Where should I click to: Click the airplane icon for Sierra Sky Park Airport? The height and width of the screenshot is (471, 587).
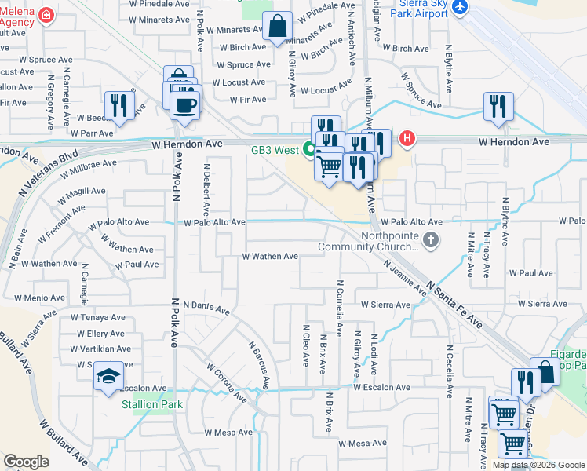click(459, 6)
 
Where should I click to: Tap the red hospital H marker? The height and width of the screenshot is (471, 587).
click(407, 140)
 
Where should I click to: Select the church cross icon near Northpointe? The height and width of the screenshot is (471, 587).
click(429, 239)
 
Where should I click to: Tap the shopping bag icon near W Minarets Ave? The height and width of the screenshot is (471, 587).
click(278, 25)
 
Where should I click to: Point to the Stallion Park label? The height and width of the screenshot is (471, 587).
click(151, 405)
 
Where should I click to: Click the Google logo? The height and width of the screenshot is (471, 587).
click(26, 461)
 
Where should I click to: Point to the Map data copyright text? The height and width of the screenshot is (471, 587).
click(538, 465)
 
